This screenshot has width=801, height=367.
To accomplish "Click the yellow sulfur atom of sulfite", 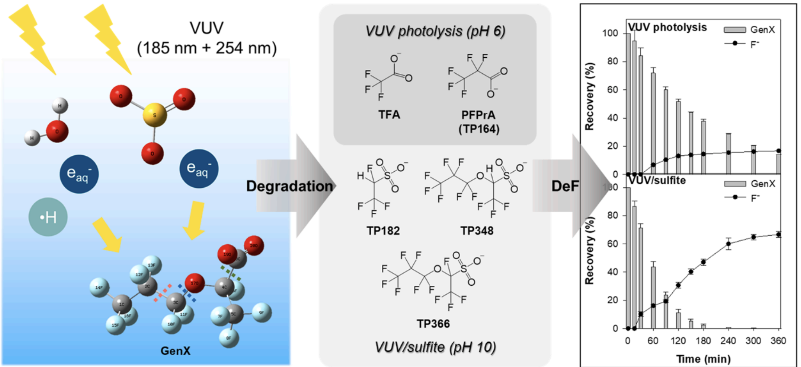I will coord(155,115).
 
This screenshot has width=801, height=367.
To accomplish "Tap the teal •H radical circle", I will coord(48,217).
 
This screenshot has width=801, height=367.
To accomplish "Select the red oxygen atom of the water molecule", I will coord(57,131).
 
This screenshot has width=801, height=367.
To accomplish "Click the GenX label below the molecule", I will coord(175,351).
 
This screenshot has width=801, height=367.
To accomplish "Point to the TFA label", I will coord(389,115).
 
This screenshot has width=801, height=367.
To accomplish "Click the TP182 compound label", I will coord(383,231).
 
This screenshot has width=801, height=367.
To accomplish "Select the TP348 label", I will coord(477,231).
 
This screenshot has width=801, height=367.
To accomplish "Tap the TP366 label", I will coord(433,324).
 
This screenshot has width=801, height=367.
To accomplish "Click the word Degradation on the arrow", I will coord(289,186).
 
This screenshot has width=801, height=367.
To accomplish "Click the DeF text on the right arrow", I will coord(565,186).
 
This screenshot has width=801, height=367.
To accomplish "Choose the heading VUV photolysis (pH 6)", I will coord(435,31).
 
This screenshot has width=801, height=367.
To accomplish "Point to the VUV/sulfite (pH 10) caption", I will coord(435,347).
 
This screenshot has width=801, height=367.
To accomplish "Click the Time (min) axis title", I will coord(703,359).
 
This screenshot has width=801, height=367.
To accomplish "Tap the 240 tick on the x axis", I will coord(728,341).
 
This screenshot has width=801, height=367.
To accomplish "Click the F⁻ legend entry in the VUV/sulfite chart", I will coord(754,198).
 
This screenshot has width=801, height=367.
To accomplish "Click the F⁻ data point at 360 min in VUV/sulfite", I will coord(778,235).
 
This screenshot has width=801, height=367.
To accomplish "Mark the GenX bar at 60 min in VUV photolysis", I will coord(653,123).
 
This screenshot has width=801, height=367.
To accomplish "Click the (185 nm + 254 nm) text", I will coord(207,48).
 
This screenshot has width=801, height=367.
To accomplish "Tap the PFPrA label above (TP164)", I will coord(478,115).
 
